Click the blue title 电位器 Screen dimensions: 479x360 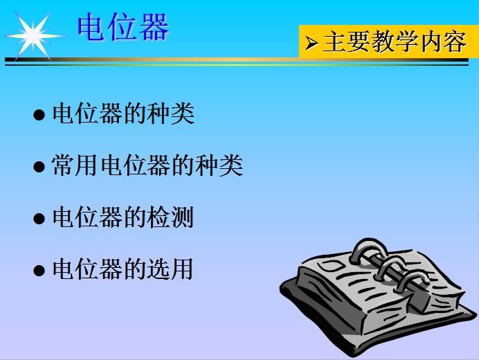[x=123, y=27]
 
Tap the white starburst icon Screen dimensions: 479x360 [x=33, y=36]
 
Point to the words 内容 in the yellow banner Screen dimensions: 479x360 [x=444, y=42]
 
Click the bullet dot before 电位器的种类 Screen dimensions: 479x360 [x=39, y=115]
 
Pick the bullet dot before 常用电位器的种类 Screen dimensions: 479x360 [x=39, y=167]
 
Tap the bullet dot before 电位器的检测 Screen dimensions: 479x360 [x=39, y=219]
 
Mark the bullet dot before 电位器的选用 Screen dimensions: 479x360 [x=39, y=271]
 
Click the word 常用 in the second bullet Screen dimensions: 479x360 [x=75, y=165]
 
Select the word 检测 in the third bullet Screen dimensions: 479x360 [x=170, y=217]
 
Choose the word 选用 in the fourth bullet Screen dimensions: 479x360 [x=170, y=269]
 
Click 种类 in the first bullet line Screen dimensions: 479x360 [x=170, y=114]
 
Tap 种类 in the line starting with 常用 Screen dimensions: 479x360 [x=219, y=165]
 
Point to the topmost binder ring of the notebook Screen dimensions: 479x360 [x=367, y=249]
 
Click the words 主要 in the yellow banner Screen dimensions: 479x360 [x=346, y=42]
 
